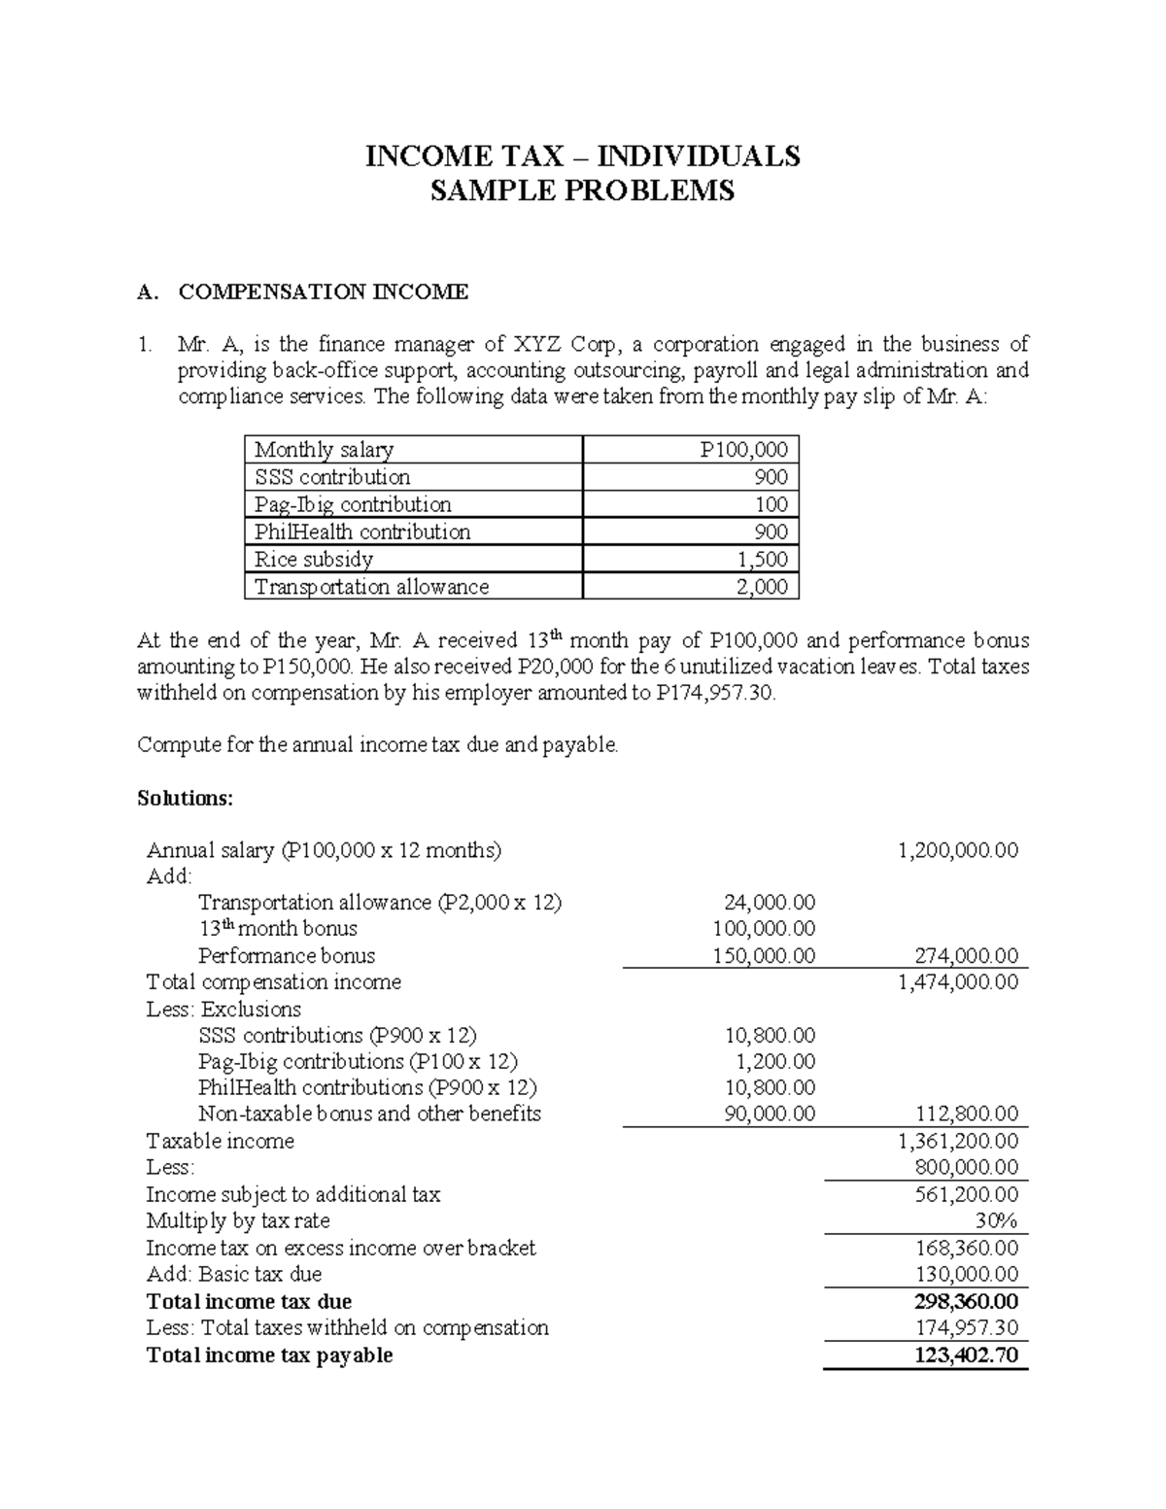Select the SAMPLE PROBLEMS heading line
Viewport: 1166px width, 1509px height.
coord(582,191)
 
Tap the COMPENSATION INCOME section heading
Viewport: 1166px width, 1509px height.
coord(324,292)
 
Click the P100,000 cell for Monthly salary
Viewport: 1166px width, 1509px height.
coord(743,450)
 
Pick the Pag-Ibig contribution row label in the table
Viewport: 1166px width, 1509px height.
coord(353,504)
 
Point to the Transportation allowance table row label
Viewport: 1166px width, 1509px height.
coord(371,587)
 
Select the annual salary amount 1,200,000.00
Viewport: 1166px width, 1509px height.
coord(958,850)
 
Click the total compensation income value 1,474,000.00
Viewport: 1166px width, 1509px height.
coord(958,982)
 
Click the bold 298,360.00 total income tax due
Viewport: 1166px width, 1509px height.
coord(966,1301)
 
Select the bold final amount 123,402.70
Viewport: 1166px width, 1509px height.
coord(966,1355)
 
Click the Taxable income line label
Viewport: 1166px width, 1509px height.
coord(220,1141)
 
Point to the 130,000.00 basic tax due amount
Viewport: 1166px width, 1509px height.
coord(966,1274)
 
